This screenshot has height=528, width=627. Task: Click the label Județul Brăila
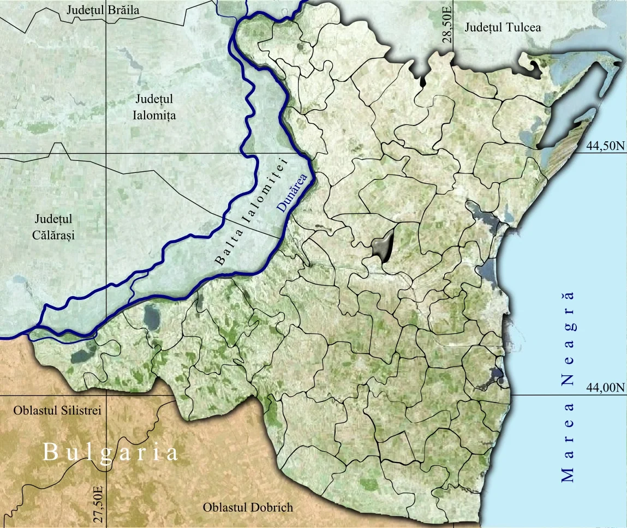tap(103, 10)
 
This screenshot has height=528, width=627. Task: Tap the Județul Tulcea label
tap(503, 27)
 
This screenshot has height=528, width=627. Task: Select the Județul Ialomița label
tap(154, 107)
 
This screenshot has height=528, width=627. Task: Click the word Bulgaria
tap(111, 453)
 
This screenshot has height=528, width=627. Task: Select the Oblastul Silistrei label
tap(52, 410)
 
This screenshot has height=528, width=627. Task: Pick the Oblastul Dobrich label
tap(248, 507)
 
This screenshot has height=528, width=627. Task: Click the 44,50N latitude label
tap(604, 146)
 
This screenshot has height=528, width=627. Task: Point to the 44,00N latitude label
tap(604, 387)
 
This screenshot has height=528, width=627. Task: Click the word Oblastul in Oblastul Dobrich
tap(224, 507)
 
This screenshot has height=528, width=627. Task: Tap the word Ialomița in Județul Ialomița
tap(154, 116)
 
